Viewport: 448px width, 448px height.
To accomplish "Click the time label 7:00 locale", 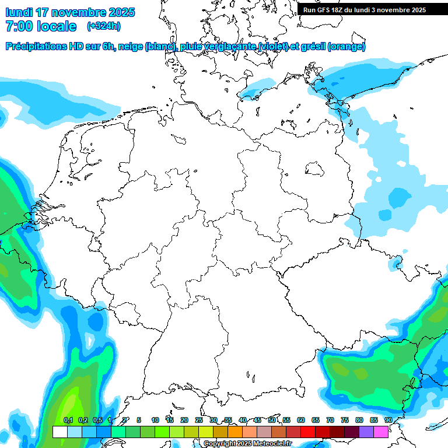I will pos(41,26).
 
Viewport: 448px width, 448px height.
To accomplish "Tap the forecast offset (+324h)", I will pos(104,26).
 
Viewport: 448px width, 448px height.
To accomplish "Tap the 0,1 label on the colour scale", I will pos(68,420).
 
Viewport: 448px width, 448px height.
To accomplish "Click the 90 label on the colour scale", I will pos(388,420).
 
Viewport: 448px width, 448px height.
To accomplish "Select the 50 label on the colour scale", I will pos(272,420).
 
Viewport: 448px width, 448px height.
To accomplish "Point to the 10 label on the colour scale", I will pos(155,420).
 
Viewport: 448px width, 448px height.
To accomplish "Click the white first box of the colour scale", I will pos(60,432).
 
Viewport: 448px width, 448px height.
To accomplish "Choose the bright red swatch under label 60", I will pos(308,432).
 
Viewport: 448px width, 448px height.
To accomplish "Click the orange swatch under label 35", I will pos(235,432).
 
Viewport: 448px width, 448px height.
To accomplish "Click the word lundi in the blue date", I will pos(19,12).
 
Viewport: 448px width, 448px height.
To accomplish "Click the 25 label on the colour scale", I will pos(199,420).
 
